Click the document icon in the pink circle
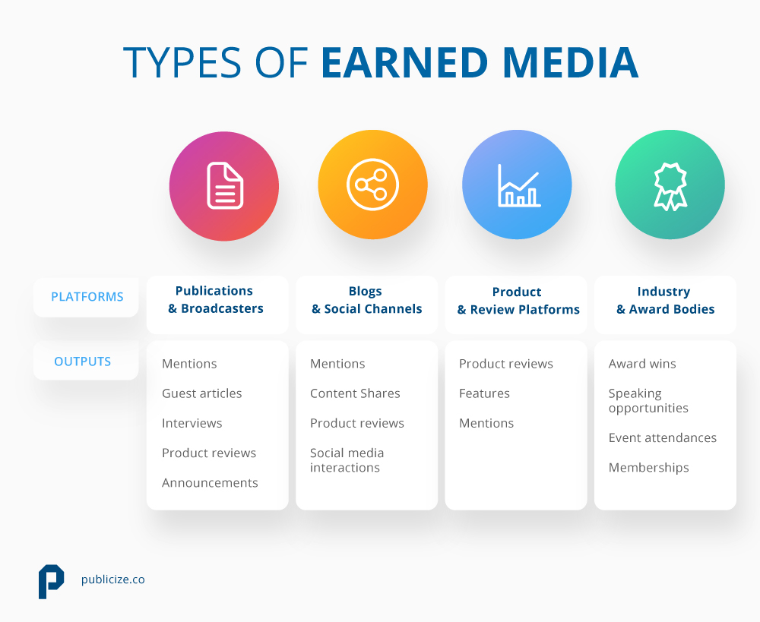click(x=225, y=185)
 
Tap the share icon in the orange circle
click(x=372, y=185)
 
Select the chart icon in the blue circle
click(x=518, y=185)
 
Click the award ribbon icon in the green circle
click(x=670, y=185)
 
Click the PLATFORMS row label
click(x=87, y=297)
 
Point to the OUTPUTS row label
click(x=82, y=362)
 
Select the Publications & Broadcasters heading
click(x=215, y=300)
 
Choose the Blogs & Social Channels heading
click(x=366, y=300)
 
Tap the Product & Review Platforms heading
click(x=518, y=301)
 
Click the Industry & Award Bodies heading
click(x=665, y=301)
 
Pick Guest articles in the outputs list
click(x=201, y=393)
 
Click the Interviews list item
click(x=192, y=423)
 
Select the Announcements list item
click(x=210, y=483)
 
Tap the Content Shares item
click(x=355, y=393)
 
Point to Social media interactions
click(x=347, y=460)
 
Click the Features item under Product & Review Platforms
click(x=484, y=393)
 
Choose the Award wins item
click(x=642, y=364)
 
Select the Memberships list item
click(x=648, y=468)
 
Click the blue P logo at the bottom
click(x=51, y=581)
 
